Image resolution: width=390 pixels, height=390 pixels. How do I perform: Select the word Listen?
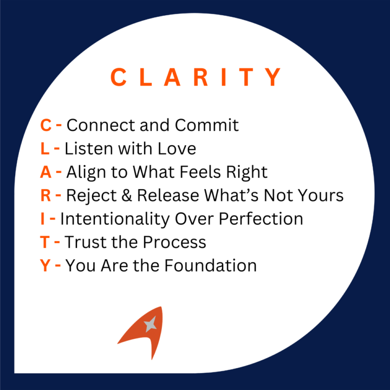86,149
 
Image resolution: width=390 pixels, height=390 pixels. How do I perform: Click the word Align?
84,172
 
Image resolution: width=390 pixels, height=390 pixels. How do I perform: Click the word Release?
162,196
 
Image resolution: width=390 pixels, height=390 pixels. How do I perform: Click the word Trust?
83,242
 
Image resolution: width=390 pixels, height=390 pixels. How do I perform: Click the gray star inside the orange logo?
149,324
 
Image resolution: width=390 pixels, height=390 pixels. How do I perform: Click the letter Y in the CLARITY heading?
274,77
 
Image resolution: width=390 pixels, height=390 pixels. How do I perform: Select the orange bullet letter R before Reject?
45,196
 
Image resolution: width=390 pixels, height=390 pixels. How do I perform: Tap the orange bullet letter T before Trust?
45,242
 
